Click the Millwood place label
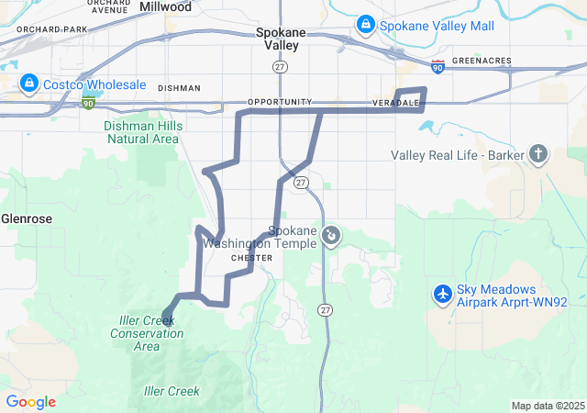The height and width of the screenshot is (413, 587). click(166, 6)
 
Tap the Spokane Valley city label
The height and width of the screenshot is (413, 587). click(282, 38)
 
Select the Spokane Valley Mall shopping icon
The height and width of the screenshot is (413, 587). click(366, 23)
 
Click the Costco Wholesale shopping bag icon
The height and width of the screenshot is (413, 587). click(29, 84)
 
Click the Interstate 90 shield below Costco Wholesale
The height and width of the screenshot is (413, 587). click(88, 104)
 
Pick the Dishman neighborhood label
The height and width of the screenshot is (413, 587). click(178, 88)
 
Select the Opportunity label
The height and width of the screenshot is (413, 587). click(280, 101)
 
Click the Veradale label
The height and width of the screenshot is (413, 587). click(396, 102)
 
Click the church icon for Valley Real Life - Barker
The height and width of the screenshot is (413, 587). click(538, 154)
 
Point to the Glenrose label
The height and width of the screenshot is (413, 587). click(26, 218)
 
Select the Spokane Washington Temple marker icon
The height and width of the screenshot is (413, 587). click(331, 237)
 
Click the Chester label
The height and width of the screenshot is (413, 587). click(252, 258)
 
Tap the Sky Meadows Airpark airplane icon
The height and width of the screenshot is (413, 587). click(442, 294)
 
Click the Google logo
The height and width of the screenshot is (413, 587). click(30, 402)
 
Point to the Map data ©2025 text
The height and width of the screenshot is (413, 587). click(548, 406)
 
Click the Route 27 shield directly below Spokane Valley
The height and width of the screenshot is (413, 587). click(281, 67)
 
